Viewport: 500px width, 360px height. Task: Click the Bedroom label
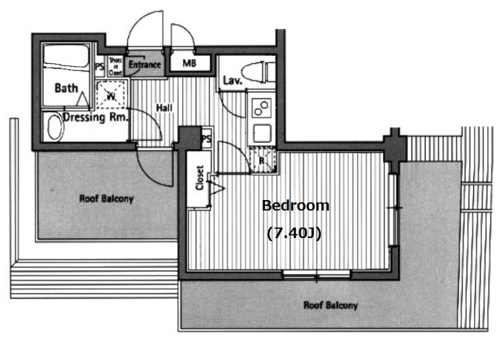point(295,205)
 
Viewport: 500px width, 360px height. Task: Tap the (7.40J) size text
point(294,234)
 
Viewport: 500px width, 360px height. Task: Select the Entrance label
point(144,65)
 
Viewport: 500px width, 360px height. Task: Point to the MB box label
point(190,64)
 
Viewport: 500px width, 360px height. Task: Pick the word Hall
point(164,109)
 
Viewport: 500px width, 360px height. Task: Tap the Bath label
point(66,88)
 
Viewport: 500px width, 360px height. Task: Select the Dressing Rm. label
point(95,117)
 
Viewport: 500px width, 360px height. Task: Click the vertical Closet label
point(199,179)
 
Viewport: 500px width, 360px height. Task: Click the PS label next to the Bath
point(100,67)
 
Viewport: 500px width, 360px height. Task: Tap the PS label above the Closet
point(206,138)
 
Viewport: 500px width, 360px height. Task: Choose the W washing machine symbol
point(111,94)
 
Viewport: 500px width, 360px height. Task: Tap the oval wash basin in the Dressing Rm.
point(53,126)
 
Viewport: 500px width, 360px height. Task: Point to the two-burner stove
point(262,109)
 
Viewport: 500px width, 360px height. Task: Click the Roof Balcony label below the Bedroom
point(330,306)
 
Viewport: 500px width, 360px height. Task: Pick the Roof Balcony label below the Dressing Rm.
point(106,199)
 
